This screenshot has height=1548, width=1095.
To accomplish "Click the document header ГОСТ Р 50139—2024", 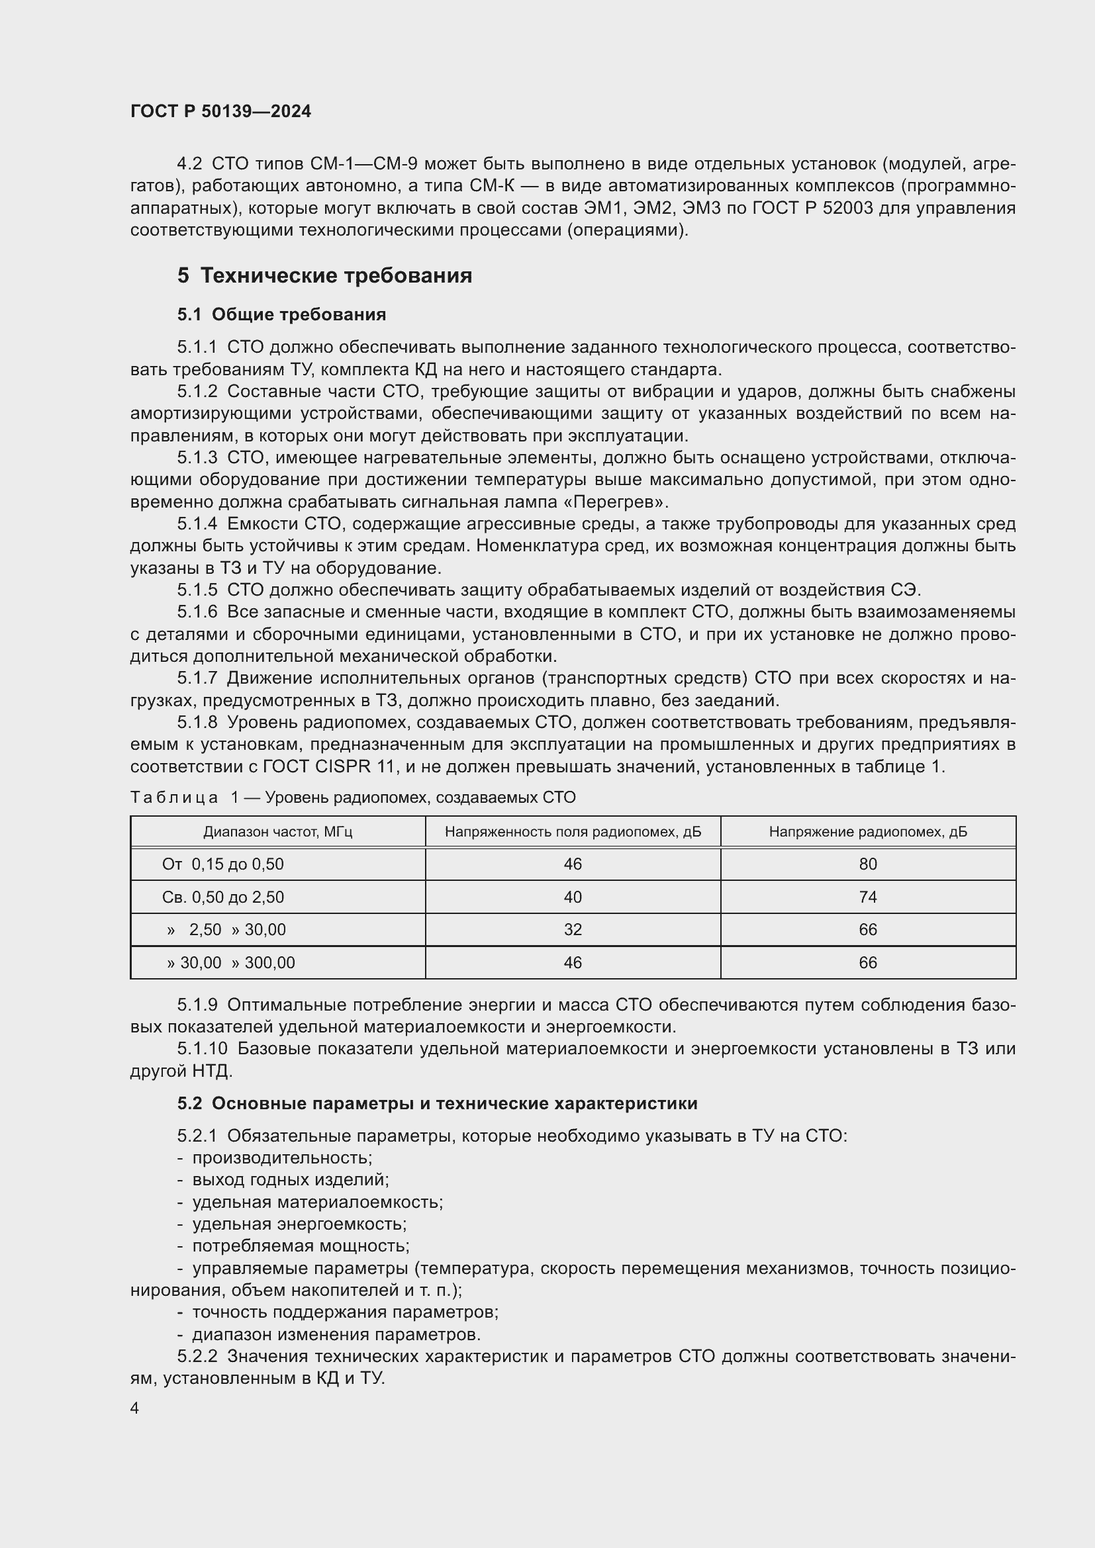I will pos(220,111).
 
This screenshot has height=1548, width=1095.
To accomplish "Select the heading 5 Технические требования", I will pos(324,276).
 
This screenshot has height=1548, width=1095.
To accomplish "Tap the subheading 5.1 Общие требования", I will pos(281,315).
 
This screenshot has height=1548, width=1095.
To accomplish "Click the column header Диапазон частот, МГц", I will pos(278,832).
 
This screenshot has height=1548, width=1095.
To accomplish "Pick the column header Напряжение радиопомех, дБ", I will pos(868,832).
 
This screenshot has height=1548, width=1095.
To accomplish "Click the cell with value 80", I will pos(868,864).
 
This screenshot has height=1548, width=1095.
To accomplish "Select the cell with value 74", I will pos(868,897).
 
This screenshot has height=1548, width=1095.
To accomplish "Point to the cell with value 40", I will pos(573,897).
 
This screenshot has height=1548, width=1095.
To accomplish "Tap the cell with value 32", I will pos(573,930).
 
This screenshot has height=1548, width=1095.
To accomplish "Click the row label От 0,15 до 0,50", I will pos(222,864).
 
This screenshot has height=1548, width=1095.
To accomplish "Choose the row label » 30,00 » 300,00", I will pos(230,963).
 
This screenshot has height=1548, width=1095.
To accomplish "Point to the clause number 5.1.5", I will pos(197,590).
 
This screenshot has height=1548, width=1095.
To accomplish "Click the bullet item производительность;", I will pos(282,1158).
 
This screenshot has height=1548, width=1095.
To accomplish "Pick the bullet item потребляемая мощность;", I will pos(301,1246).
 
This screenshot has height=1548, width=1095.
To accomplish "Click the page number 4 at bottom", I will pos(135,1408).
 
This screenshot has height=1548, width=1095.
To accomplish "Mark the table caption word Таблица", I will pos(174,798).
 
